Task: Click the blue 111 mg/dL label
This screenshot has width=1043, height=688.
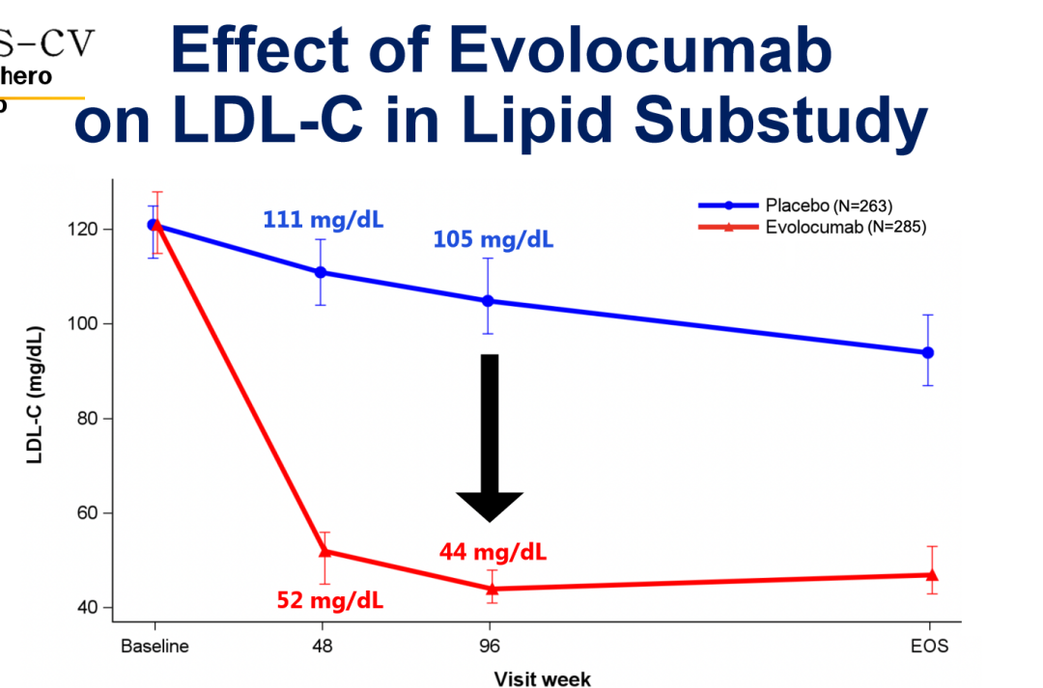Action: pyautogui.click(x=323, y=220)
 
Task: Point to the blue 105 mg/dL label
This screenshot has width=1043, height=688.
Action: pyautogui.click(x=493, y=238)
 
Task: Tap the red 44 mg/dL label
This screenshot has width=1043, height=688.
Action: pyautogui.click(x=493, y=552)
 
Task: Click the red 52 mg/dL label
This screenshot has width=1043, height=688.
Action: pyautogui.click(x=329, y=600)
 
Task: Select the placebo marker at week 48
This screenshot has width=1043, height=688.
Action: pyautogui.click(x=322, y=272)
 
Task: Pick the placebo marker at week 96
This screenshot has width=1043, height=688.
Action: pyautogui.click(x=488, y=301)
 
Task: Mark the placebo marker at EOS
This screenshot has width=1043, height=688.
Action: pyautogui.click(x=928, y=352)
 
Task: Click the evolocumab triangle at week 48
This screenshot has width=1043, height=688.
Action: pyautogui.click(x=324, y=551)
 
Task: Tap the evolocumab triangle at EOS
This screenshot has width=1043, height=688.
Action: pyautogui.click(x=931, y=574)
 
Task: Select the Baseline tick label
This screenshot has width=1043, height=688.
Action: pyautogui.click(x=155, y=647)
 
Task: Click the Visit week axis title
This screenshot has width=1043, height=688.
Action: pyautogui.click(x=543, y=677)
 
